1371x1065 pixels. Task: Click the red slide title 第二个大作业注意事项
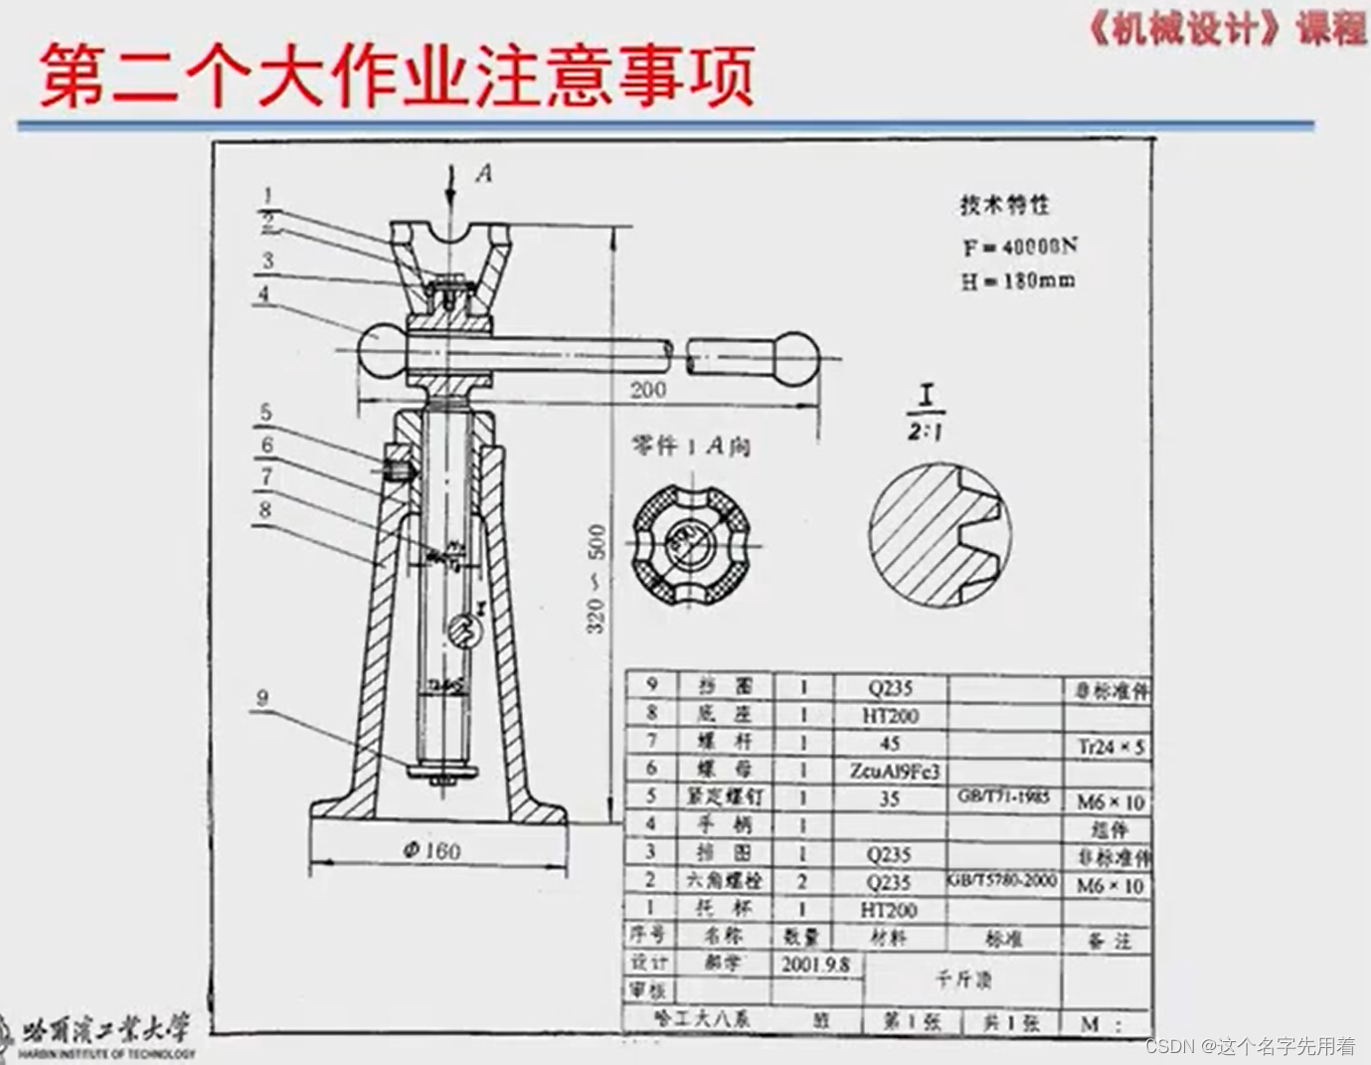click(x=397, y=75)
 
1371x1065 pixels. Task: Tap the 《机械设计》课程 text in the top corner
click(x=1227, y=29)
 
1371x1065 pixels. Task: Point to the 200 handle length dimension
click(x=647, y=389)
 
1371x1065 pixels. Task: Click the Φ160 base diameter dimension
click(x=432, y=850)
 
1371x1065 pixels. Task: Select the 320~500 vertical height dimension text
click(x=597, y=579)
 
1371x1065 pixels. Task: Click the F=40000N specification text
click(x=1019, y=246)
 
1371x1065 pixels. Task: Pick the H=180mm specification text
click(x=1017, y=280)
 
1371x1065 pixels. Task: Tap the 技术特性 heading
click(x=1004, y=205)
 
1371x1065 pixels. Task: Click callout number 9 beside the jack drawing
click(x=262, y=698)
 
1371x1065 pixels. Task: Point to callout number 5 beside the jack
click(x=265, y=412)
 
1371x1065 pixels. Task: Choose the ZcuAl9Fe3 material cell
click(x=894, y=771)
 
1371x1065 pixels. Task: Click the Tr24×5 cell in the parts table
click(x=1111, y=746)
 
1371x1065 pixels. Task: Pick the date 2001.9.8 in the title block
click(x=815, y=964)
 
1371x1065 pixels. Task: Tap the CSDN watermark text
click(x=1250, y=1045)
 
